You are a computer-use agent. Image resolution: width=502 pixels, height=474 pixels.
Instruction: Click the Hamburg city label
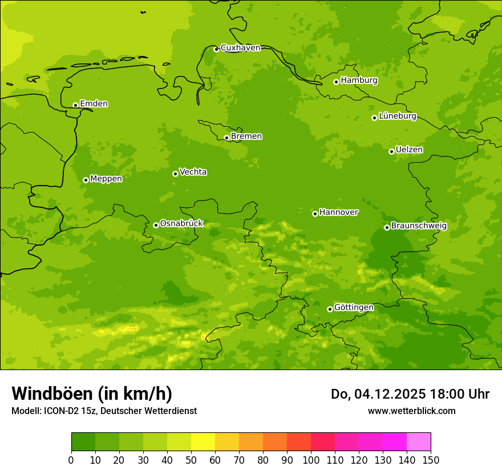coord(359,81)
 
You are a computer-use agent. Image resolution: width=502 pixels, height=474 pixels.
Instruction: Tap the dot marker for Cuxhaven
coord(216,49)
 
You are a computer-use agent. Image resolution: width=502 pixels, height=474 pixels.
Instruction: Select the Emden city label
coord(94,104)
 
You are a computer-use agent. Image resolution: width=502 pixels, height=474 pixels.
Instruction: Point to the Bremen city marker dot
coord(226,138)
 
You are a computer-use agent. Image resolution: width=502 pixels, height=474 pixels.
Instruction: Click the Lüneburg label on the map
coord(397,116)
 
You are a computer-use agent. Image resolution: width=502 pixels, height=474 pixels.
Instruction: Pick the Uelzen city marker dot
coord(391,151)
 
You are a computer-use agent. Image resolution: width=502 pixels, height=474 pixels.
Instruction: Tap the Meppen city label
coord(106,179)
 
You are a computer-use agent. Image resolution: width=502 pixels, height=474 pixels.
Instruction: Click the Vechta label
coord(193,172)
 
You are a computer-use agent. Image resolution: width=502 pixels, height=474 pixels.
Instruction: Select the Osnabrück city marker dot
coord(156,225)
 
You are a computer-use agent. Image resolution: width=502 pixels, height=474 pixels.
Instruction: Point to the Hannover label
coord(338,212)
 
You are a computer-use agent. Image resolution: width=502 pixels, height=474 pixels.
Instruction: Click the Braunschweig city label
coord(419,226)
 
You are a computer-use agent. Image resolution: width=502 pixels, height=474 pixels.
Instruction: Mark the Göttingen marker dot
coord(330,309)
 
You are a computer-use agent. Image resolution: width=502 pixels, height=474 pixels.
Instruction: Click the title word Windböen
coord(52,393)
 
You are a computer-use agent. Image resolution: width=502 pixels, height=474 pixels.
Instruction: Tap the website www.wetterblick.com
coord(411,411)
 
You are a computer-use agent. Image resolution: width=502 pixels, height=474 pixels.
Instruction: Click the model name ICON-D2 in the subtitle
coord(62,411)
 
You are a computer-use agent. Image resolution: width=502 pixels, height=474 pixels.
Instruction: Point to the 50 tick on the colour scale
coord(191,460)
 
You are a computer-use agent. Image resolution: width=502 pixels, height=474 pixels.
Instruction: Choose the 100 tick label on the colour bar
coord(311,460)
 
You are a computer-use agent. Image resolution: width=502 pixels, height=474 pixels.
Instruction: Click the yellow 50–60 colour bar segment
coord(203,441)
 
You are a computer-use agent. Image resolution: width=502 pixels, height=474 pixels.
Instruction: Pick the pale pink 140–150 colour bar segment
coord(419,441)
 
